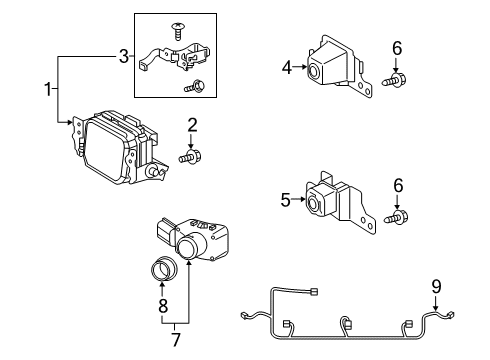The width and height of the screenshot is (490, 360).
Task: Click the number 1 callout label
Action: point(47,90)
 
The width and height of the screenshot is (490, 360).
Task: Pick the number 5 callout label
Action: point(285,200)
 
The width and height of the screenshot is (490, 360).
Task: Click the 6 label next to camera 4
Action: point(397,47)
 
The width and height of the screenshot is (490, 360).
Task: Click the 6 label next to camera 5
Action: point(397,185)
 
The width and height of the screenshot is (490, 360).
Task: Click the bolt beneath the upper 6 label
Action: point(397,80)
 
